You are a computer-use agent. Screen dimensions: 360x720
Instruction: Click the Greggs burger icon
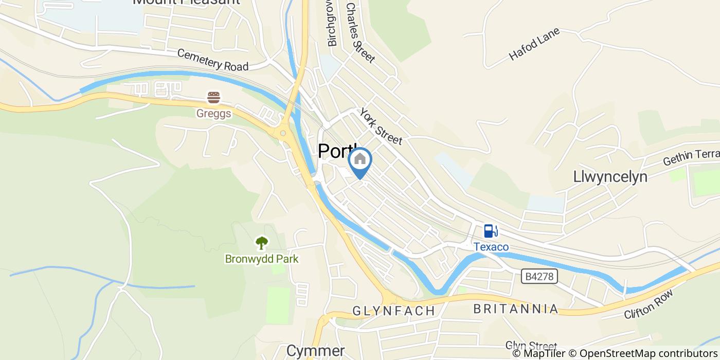[213, 97]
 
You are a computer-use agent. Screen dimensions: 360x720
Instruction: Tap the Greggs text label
[213, 113]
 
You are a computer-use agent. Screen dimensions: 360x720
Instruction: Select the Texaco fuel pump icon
[491, 231]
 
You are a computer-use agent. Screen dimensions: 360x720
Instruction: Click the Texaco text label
[491, 247]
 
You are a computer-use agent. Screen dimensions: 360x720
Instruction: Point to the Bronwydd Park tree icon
[262, 242]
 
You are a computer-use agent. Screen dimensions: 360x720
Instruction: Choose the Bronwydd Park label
[261, 258]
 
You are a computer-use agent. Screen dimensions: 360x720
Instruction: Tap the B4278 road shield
[539, 277]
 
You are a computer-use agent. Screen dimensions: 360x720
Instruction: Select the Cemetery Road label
[213, 60]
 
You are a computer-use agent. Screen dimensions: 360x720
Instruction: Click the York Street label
[380, 126]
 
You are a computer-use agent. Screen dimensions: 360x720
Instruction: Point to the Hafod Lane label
[534, 44]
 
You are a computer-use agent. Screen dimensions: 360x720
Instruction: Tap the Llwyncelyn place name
[610, 176]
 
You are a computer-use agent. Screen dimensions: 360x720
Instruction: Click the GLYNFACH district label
[394, 311]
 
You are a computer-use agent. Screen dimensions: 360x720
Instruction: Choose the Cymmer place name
[315, 351]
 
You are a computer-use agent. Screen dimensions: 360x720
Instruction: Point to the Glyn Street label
[531, 346]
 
